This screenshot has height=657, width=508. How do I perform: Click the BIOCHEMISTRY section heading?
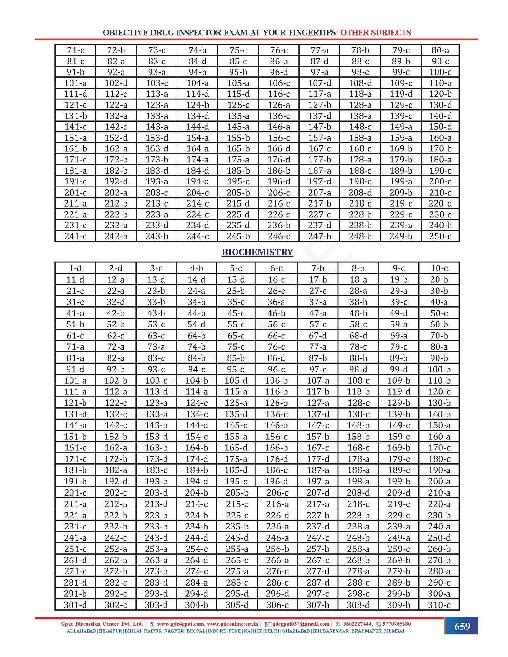coord(257,252)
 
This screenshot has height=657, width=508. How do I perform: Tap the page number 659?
coord(462,626)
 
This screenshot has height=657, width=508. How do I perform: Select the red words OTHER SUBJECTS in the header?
coord(376,33)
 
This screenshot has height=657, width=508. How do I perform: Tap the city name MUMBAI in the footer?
coord(394,631)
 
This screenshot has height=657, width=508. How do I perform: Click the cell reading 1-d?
coord(75,268)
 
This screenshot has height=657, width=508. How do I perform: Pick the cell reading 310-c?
coord(439,605)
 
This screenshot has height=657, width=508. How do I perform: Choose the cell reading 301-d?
coord(75,605)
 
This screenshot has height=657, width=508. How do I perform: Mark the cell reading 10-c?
coord(439,268)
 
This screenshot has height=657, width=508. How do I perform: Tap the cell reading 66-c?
coord(276,336)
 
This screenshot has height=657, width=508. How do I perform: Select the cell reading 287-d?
coord(318,582)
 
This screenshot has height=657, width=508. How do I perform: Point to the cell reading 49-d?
coord(399,313)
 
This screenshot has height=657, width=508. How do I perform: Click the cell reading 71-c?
coord(75,50)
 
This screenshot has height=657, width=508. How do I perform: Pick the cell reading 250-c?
coord(440,236)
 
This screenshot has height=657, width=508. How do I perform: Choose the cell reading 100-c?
coord(440,72)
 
